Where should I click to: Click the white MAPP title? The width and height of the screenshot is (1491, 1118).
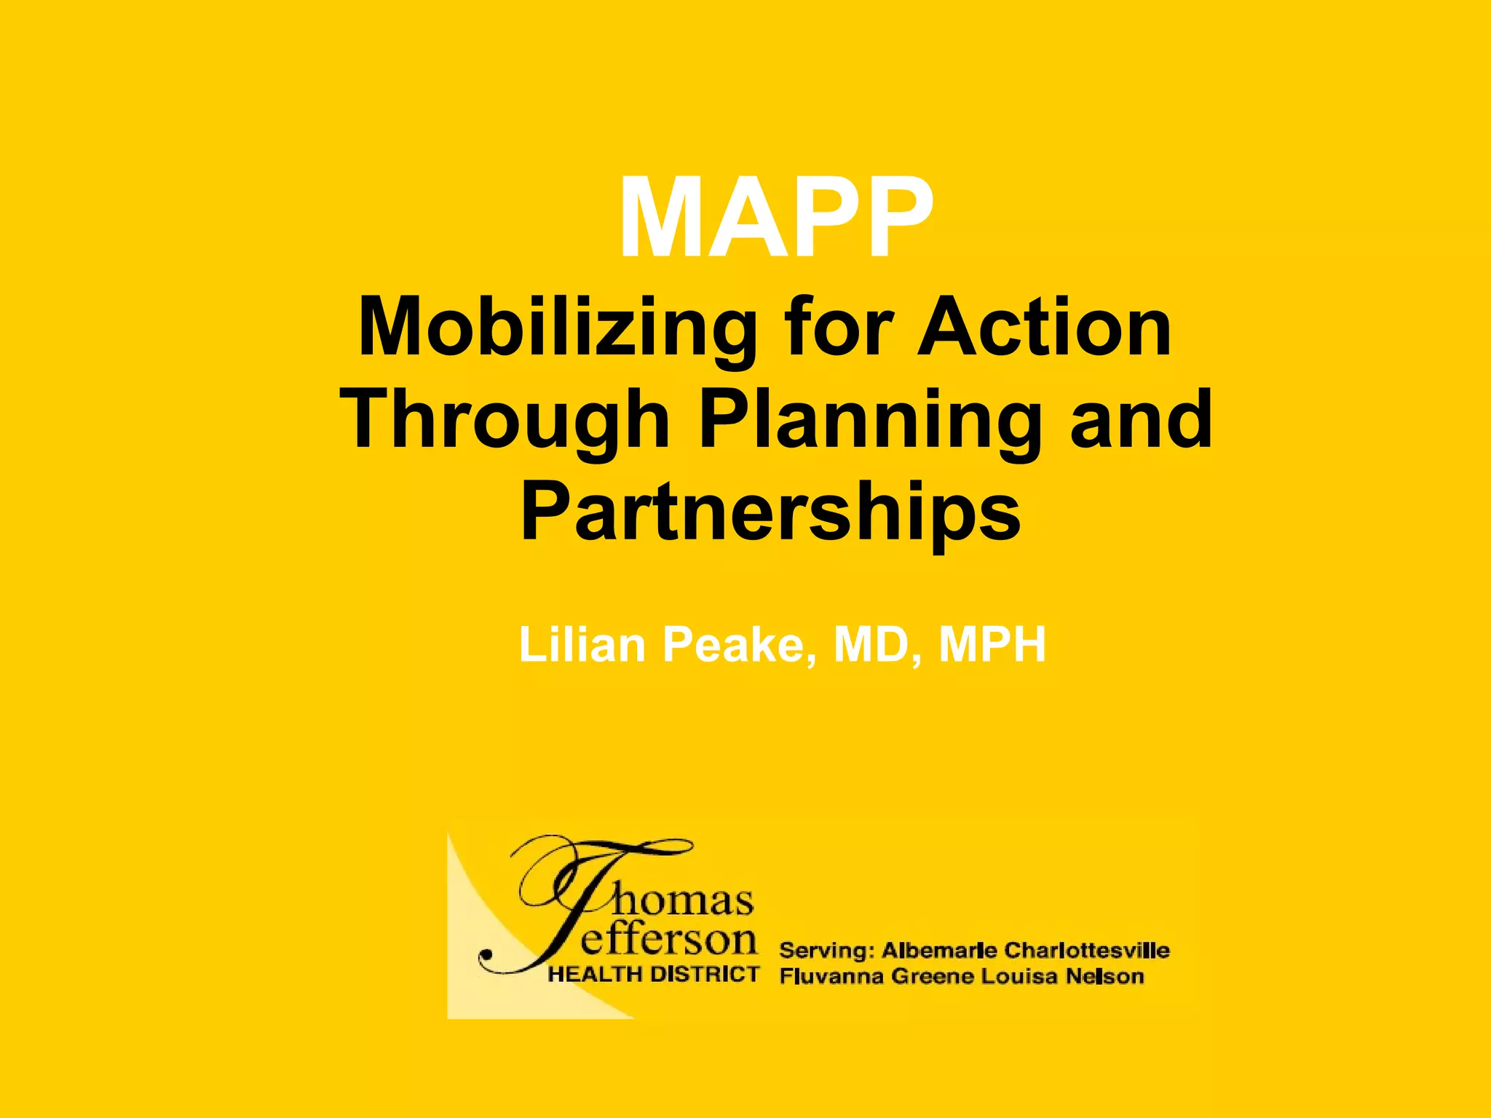[x=776, y=218]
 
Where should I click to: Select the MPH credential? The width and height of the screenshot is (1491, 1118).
[x=992, y=645]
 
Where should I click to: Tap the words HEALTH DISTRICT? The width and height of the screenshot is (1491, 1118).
[x=653, y=975]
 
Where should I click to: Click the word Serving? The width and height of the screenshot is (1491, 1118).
[x=826, y=951]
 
